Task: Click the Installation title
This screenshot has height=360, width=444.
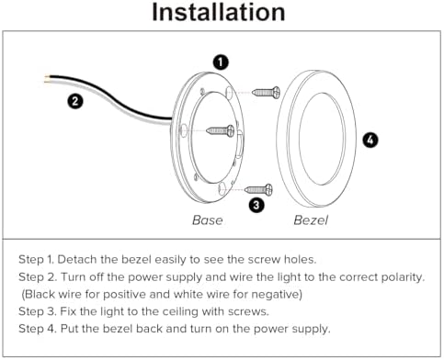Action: coord(219,13)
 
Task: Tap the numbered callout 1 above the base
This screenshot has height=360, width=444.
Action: coord(221,62)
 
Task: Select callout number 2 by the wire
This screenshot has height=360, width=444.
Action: coord(75,101)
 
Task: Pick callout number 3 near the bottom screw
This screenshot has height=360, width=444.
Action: coord(256,205)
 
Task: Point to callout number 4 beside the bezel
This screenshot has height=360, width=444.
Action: coord(370,141)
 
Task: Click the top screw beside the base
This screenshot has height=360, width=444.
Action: coord(266,92)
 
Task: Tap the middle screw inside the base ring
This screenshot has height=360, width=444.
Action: coord(221,131)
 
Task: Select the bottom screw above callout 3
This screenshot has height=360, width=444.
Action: coord(258,190)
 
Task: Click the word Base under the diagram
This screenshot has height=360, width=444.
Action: coord(208,220)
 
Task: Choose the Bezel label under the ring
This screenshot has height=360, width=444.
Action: coord(311,220)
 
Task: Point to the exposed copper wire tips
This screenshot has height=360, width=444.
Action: coord(47,79)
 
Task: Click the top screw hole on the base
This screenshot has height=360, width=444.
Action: coord(229,91)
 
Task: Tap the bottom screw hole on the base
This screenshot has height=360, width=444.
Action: coord(222,189)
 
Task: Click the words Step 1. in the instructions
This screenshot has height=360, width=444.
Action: coord(37,260)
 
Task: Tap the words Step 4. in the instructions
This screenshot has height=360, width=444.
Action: coord(38,329)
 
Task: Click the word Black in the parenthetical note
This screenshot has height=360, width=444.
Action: coord(40,295)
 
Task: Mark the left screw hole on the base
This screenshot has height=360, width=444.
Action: coord(183,130)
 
